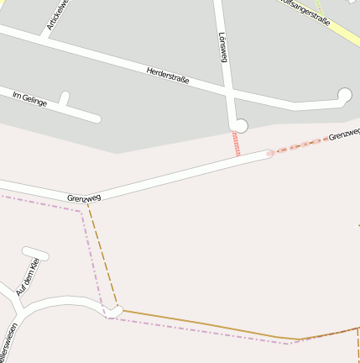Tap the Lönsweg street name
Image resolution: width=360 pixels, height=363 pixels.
click(223, 47)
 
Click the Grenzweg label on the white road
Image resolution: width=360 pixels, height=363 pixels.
click(84, 197)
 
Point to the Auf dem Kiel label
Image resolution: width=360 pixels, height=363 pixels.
click(29, 277)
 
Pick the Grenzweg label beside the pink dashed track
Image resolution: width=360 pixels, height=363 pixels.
click(344, 134)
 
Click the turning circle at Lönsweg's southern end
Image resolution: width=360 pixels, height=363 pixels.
click(241, 126)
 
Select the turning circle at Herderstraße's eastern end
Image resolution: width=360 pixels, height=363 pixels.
click(344, 95)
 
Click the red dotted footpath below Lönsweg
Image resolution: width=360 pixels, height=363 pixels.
click(237, 144)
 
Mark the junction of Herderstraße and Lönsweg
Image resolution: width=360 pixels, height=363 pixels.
click(227, 88)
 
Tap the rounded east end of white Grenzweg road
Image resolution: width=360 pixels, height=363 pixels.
click(269, 155)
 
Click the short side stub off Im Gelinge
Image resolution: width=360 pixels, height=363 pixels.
click(64, 99)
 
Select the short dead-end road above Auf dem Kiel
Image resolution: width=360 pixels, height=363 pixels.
click(35, 252)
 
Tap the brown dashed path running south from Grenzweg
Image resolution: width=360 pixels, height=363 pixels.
click(101, 252)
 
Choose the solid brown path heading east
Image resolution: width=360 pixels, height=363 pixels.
click(210, 325)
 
